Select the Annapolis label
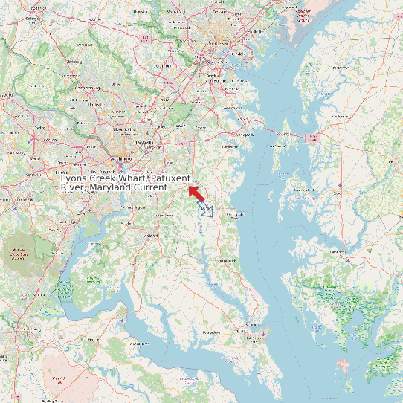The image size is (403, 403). pos(243,135)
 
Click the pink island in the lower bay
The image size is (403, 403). pos(343,365)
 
